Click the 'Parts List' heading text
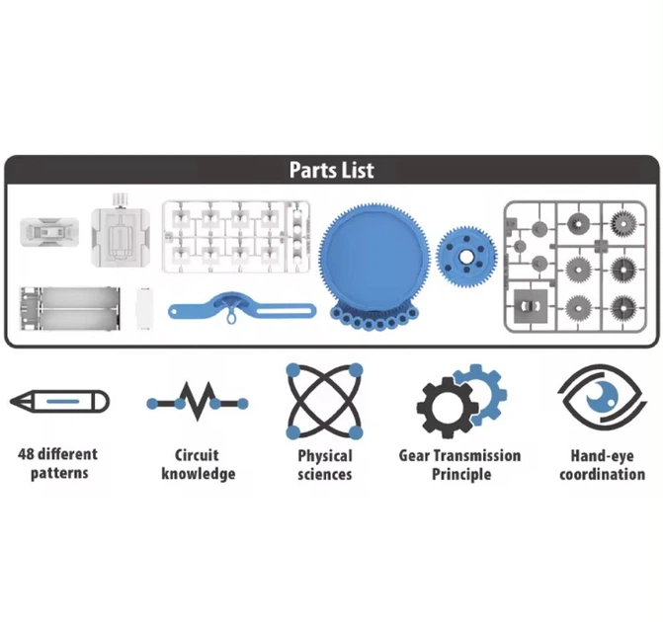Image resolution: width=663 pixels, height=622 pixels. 332,170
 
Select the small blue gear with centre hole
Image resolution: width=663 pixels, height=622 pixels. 466,257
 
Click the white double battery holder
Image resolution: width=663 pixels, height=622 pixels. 70,308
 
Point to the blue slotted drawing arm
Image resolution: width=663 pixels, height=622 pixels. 242,308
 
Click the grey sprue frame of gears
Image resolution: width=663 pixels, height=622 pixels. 575,267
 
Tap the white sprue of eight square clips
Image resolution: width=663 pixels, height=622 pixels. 236,237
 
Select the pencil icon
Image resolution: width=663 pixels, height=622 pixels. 59,402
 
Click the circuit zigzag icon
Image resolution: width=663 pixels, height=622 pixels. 198,402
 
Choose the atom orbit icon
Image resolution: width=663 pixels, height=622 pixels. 324,401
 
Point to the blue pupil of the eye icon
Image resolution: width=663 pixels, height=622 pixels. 602,397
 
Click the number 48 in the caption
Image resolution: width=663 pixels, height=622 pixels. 26,455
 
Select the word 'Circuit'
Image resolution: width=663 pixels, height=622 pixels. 197,455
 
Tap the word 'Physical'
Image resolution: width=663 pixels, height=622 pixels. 325,456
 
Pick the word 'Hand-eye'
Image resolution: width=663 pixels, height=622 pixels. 602,456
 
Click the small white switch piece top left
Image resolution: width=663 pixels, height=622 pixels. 49,232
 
